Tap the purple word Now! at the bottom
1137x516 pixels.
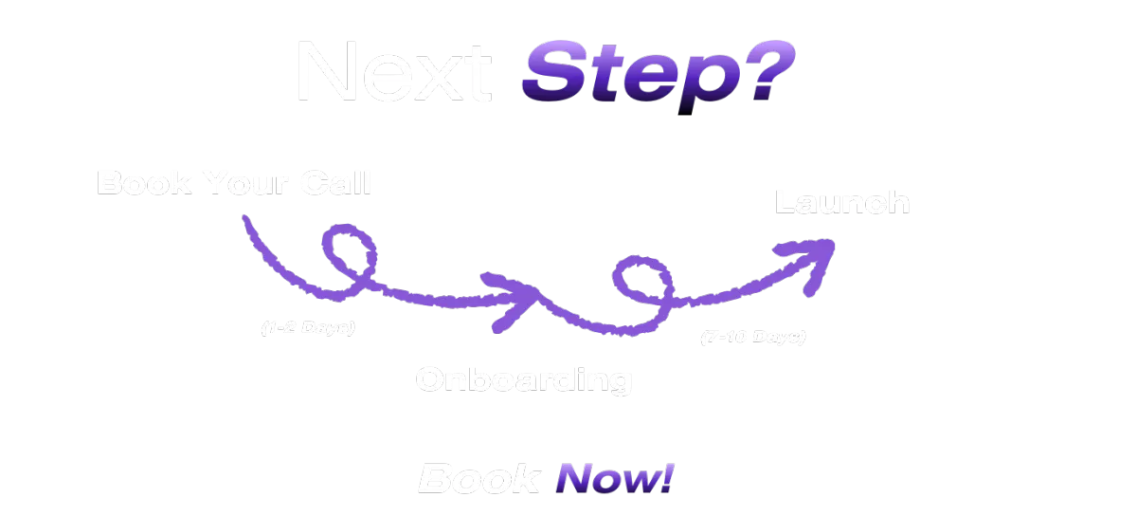[x=615, y=479]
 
